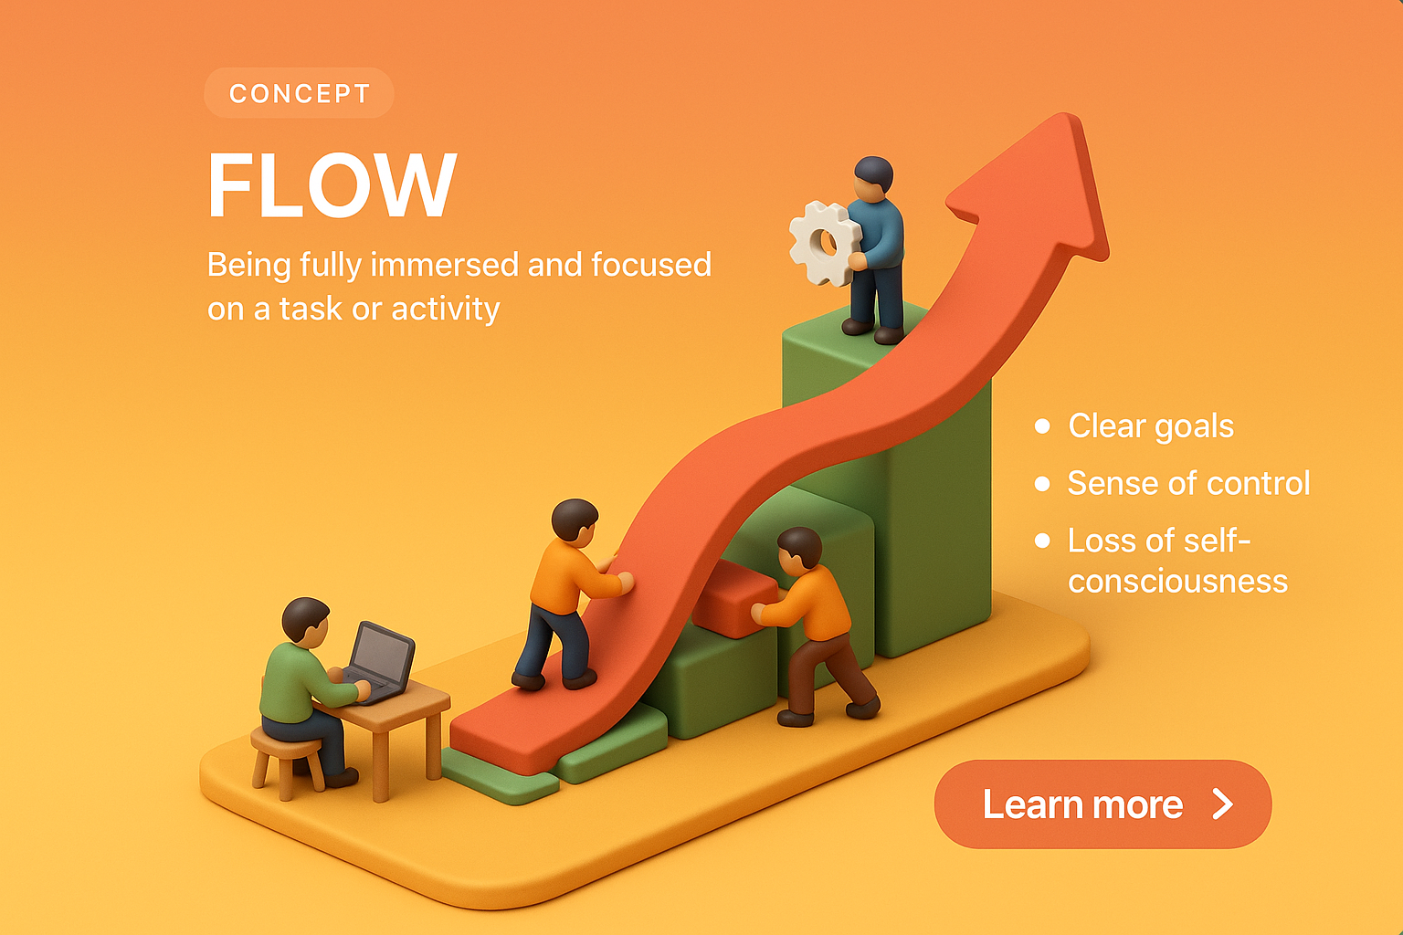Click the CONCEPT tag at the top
[299, 93]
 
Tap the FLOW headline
[332, 184]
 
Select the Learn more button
[1102, 804]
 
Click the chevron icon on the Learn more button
[1222, 804]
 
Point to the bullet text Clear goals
[1151, 426]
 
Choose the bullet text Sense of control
[1188, 483]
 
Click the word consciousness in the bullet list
[1177, 582]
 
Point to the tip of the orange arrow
[1064, 115]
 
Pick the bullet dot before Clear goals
[1042, 426]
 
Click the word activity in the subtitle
[446, 309]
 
